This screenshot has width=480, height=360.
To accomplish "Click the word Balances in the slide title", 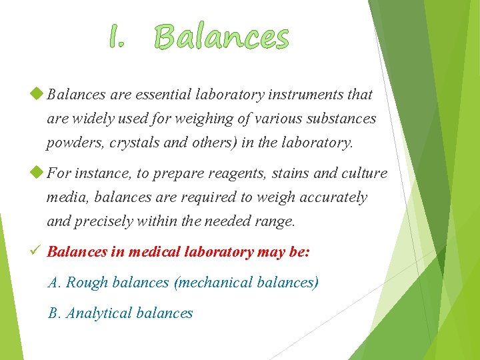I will pyautogui.click(x=222, y=37).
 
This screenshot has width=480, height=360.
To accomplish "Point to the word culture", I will pyautogui.click(x=365, y=173).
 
